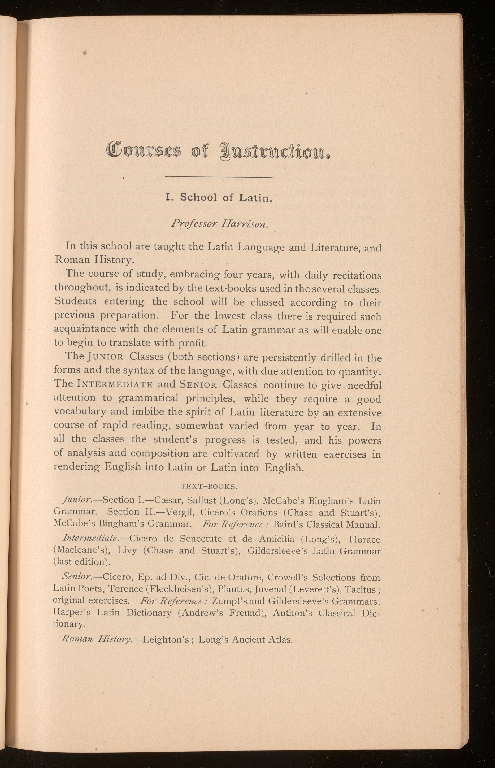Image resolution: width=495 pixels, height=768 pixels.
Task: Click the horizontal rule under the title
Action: [x=219, y=177]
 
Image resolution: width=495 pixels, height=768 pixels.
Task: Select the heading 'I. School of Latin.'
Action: [x=219, y=197]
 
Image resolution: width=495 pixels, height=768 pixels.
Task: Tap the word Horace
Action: [x=364, y=539]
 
